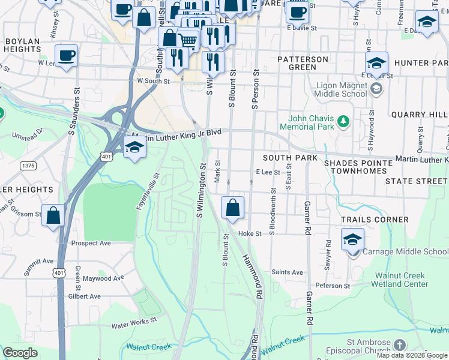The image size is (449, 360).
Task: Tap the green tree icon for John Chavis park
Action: [x=343, y=122]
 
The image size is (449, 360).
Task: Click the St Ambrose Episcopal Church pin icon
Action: [x=400, y=345]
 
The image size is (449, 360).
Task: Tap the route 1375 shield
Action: [x=27, y=165]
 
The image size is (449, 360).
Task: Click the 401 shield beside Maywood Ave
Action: [x=59, y=273]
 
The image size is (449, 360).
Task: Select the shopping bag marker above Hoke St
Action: [x=232, y=208]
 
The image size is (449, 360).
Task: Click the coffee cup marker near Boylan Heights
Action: [x=67, y=55]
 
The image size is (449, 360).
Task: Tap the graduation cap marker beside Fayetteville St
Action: [x=134, y=146]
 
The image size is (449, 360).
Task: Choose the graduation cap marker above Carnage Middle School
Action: [x=352, y=239]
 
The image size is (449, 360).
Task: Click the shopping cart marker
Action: [x=188, y=40]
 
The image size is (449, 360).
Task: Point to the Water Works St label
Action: [x=134, y=325]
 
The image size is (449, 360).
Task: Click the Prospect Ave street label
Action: [x=91, y=243]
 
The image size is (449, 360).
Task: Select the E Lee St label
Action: [x=268, y=172]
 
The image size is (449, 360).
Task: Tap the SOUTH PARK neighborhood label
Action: [x=290, y=157]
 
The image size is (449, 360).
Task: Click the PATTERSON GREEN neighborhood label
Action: [x=303, y=63]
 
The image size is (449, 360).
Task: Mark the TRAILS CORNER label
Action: [x=383, y=220]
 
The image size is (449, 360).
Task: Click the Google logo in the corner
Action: [x=20, y=353]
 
